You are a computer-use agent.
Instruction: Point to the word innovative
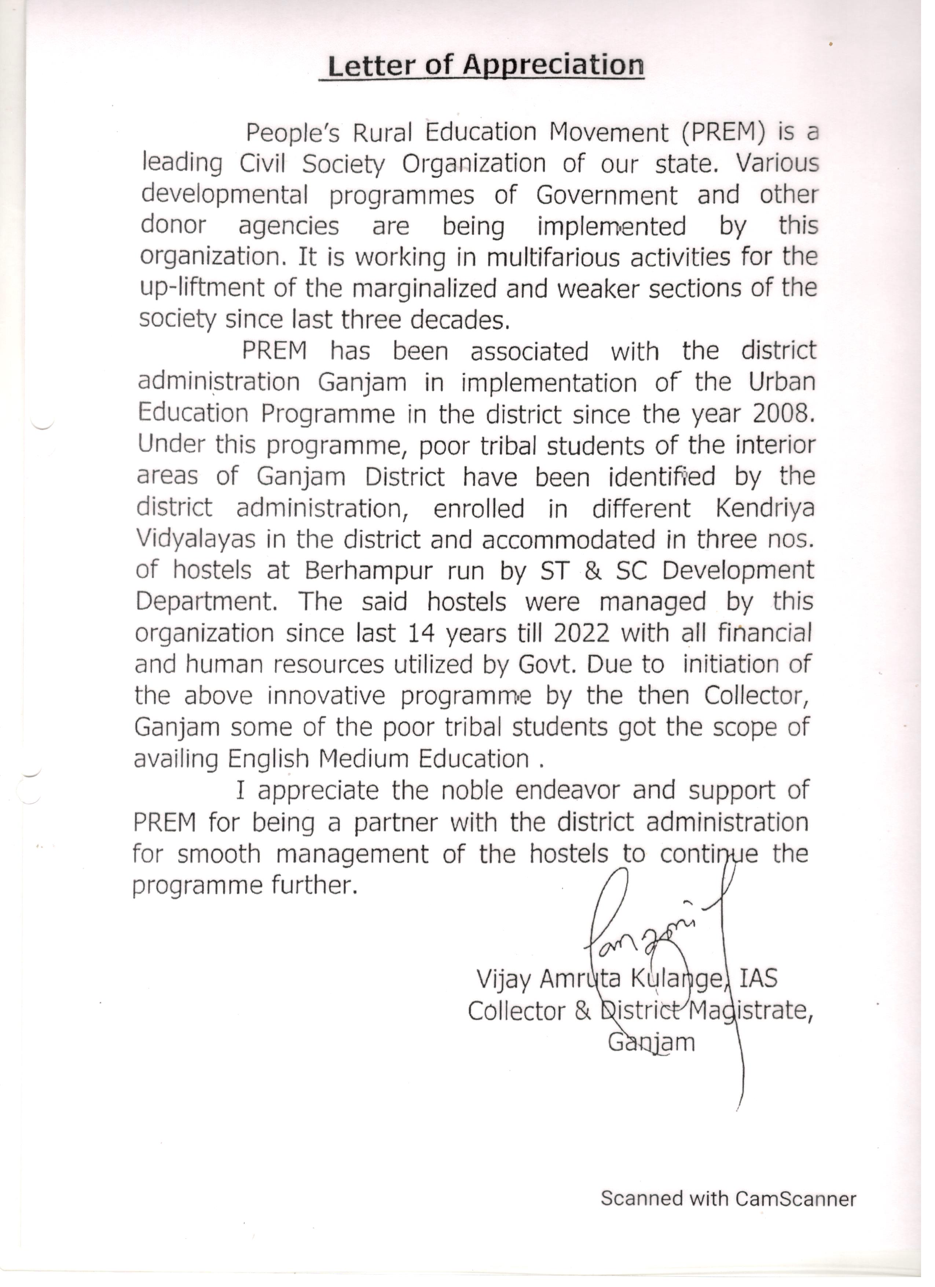tap(326, 696)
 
